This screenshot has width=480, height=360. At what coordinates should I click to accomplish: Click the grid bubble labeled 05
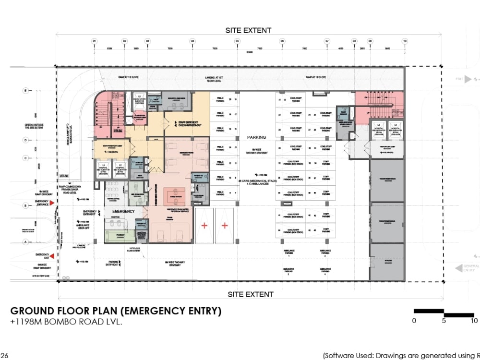(237, 41)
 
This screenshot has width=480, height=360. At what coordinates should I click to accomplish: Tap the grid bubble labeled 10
(405, 41)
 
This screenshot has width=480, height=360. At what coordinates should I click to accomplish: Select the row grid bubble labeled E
(25, 90)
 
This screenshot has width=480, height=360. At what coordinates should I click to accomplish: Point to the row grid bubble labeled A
(25, 242)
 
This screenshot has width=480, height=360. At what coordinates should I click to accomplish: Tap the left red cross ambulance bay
(204, 225)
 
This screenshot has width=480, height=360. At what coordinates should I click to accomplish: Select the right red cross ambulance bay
(224, 225)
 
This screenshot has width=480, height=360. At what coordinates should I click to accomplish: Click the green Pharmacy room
(120, 236)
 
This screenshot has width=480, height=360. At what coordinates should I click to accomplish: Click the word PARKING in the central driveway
(256, 137)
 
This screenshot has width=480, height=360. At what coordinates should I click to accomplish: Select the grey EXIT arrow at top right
(468, 79)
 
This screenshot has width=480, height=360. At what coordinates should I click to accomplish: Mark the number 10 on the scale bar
(474, 321)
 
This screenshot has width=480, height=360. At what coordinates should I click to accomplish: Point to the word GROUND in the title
(34, 311)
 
